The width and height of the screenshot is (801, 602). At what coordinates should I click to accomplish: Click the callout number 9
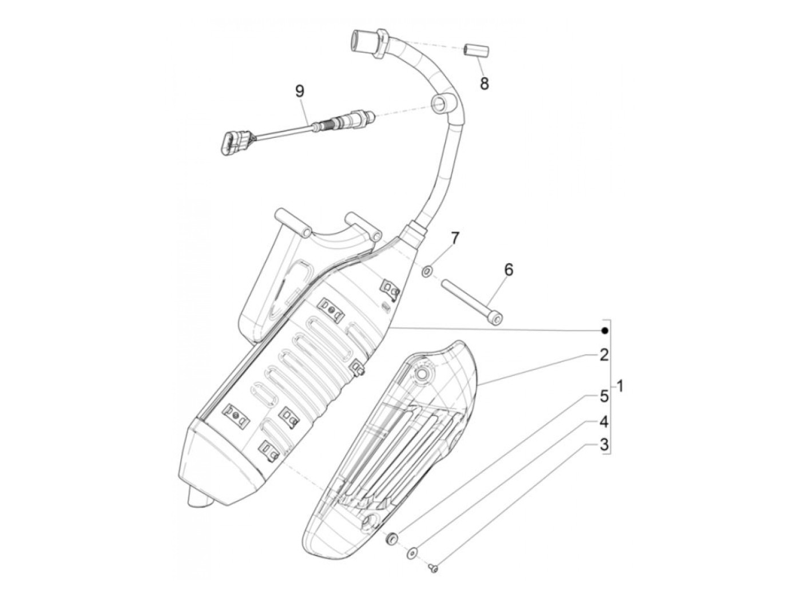(x=300, y=91)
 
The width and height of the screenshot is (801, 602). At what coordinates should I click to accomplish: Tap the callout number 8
(x=485, y=84)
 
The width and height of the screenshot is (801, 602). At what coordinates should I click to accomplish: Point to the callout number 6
(x=509, y=269)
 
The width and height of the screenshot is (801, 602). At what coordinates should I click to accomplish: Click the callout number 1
(x=621, y=387)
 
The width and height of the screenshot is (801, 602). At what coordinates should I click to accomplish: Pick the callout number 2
(x=603, y=355)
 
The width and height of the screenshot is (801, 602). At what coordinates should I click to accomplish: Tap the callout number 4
(x=603, y=422)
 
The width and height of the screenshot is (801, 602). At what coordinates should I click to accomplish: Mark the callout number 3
(x=603, y=445)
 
